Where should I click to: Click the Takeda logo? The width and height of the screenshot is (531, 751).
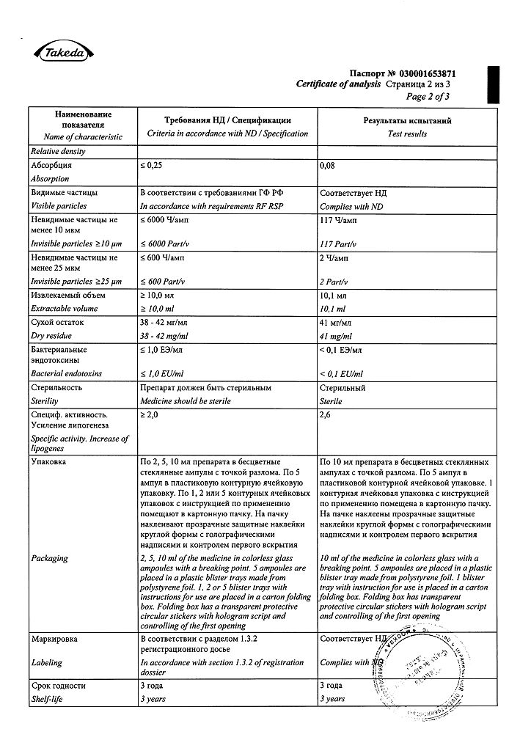click(63, 53)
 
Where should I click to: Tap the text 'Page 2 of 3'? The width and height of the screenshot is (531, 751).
click(428, 96)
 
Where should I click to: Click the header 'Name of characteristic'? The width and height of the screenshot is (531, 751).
click(83, 137)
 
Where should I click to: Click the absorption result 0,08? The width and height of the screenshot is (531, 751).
click(328, 166)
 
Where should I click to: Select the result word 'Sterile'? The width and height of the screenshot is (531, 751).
click(333, 401)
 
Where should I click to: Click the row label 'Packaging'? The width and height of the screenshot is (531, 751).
click(50, 558)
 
